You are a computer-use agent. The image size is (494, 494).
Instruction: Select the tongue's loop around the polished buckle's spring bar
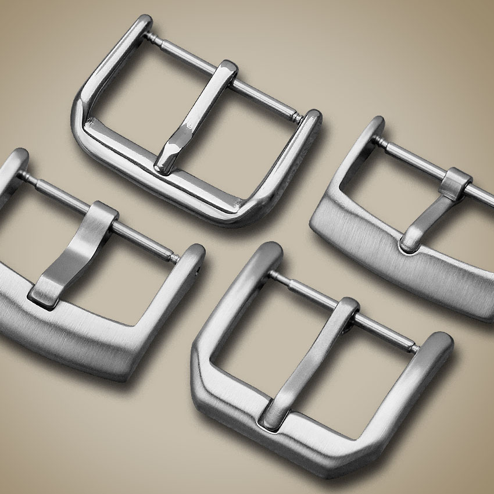click(228, 71)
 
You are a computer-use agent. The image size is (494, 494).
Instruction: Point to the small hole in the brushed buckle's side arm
click(202, 271)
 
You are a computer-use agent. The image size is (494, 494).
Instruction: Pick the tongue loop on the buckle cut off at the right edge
click(458, 178)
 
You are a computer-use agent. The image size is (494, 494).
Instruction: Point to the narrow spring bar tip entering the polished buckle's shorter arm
click(298, 117)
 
